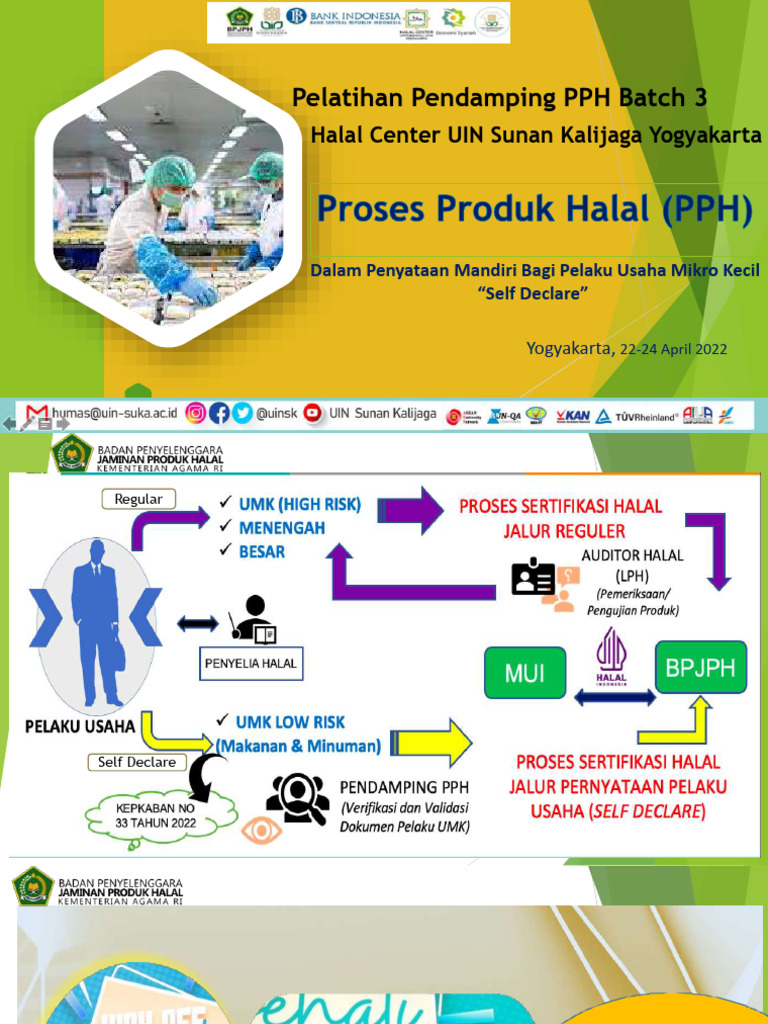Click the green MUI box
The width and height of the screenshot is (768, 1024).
[525, 672]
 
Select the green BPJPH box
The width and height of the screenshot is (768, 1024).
[700, 667]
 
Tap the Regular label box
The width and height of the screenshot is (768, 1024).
[139, 499]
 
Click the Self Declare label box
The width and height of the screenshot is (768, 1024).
[137, 762]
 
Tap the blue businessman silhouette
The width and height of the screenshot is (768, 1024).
[96, 610]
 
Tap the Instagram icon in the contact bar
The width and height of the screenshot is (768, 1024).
[196, 412]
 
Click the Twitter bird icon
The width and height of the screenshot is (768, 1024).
[241, 412]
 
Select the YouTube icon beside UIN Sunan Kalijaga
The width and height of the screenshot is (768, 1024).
[312, 412]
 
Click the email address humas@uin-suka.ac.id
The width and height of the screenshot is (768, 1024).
[115, 412]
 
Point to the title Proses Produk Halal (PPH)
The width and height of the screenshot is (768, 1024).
[534, 210]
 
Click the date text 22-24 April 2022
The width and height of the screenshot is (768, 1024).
[673, 349]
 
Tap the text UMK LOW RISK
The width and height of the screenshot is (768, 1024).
[290, 721]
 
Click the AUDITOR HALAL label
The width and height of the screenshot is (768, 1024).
[632, 556]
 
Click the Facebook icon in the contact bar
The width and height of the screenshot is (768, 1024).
[219, 412]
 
